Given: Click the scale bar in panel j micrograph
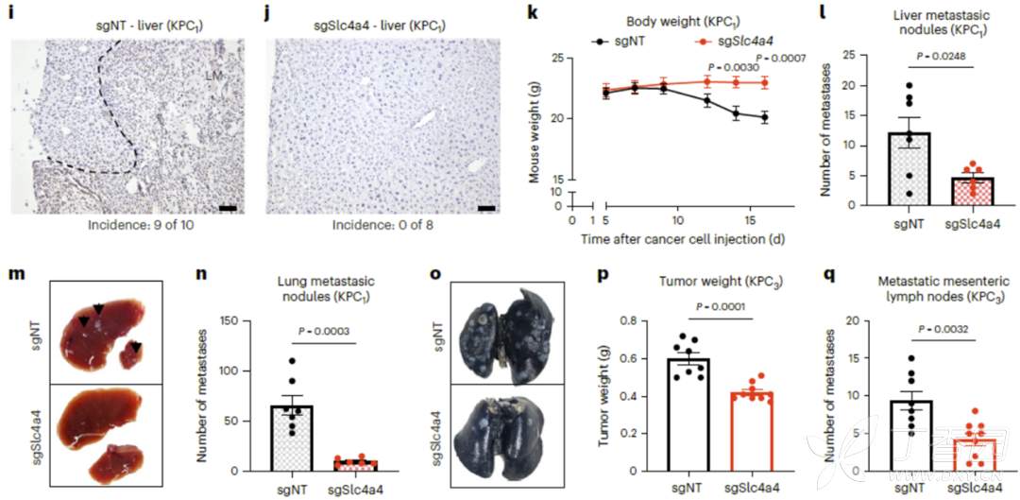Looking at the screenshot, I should coord(486,207).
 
